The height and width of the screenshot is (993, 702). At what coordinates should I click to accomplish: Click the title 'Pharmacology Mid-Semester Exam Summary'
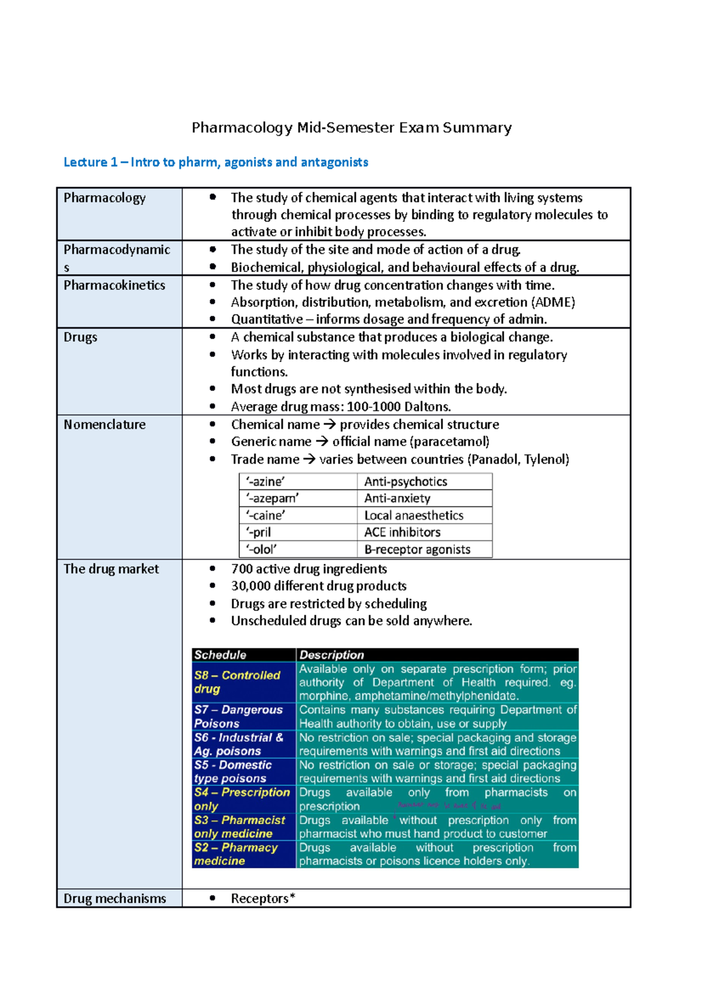point(352,127)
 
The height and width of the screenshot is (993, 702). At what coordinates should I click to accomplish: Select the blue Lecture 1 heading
point(215,162)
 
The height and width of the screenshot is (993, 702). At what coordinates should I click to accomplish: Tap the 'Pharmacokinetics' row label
point(114,285)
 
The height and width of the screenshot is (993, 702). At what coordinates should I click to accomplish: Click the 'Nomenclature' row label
point(104,425)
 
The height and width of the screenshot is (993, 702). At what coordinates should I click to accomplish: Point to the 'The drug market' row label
point(111,569)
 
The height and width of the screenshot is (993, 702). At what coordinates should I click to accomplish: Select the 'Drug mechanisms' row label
point(115,898)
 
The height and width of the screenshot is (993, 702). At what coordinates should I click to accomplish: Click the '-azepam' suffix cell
point(273,498)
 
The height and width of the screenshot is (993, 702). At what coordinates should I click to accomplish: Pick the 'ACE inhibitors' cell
point(402,532)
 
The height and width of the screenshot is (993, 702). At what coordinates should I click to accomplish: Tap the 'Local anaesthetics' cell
point(414,515)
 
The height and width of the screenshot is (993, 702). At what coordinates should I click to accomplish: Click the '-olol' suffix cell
point(261,549)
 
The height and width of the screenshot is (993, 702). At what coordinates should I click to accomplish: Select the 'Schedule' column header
point(220,655)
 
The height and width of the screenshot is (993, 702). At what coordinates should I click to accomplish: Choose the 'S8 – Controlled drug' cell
point(237,682)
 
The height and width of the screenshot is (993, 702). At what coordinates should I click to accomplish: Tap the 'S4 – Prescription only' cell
point(242,799)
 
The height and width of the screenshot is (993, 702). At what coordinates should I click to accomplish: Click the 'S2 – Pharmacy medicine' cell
point(236,854)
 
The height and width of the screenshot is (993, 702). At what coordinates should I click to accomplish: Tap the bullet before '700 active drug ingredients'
point(212,569)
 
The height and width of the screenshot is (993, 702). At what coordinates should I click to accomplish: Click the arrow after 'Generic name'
point(322,442)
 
